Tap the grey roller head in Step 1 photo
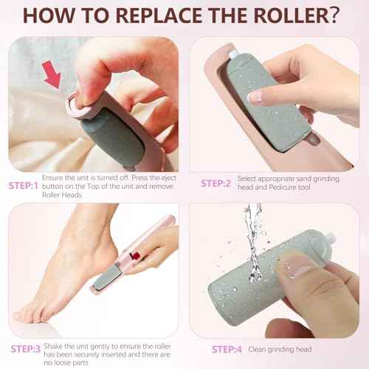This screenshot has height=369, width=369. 101,137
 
